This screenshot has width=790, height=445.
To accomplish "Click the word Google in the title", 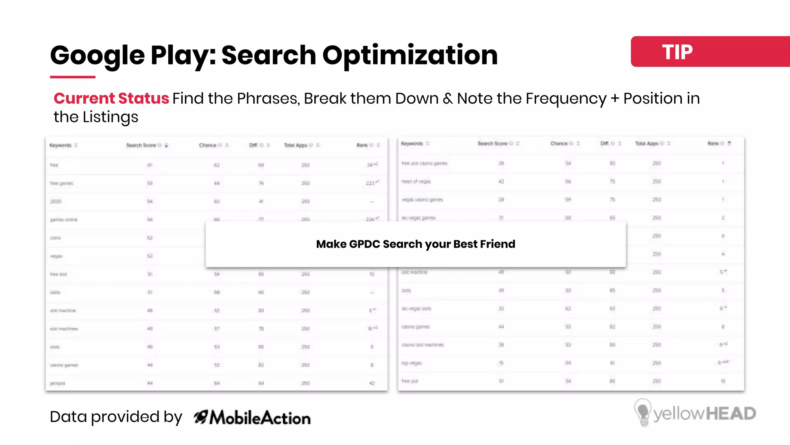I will pos(97,55).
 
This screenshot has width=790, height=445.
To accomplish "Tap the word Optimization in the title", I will pos(410,55).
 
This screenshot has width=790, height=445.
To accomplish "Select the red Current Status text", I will pos(111,99).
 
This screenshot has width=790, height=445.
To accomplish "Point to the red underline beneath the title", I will pos(73,77).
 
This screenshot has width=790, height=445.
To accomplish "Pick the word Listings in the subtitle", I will pos(110,117).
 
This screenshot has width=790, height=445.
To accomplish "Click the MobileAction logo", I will pos(252,418).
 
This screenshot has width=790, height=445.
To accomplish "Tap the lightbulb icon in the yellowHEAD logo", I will pos(643,413).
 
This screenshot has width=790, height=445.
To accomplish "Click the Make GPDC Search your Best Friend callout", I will pos(415,244).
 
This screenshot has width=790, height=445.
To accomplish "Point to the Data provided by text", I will pos(116,417).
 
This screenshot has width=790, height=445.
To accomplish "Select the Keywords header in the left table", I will pos(61,145).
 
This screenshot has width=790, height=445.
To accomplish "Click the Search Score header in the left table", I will pos(141,145).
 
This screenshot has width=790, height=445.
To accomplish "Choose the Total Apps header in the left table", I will pos(295,145).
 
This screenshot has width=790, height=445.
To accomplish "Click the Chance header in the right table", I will pos(559,143).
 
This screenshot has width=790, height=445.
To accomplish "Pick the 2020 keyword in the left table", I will pos(56,201).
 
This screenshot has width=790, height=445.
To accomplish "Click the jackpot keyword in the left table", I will pos(57,383).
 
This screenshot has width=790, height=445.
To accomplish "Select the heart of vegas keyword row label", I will pos(416,182).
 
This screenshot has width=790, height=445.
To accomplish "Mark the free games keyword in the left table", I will pos(61,183).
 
